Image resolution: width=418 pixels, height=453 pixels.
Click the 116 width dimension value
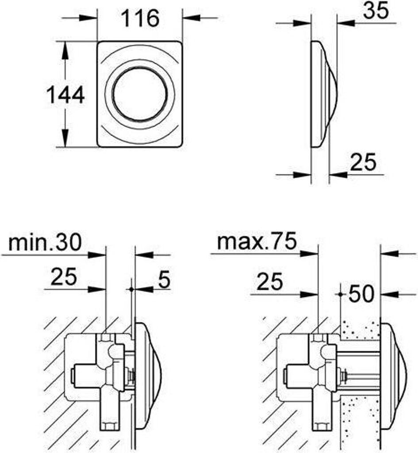(140, 19)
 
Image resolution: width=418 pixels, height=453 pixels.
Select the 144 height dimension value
(65, 95)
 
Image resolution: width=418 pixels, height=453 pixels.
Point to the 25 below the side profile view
(363, 162)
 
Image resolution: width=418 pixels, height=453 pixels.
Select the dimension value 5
(164, 280)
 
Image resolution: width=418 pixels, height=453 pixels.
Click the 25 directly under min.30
(64, 277)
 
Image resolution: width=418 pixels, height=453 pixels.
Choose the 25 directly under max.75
(270, 282)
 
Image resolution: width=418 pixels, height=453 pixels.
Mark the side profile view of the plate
(322, 94)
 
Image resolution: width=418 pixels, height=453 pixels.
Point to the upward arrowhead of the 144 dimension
(65, 49)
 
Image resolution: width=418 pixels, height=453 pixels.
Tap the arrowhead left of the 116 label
(91, 18)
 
